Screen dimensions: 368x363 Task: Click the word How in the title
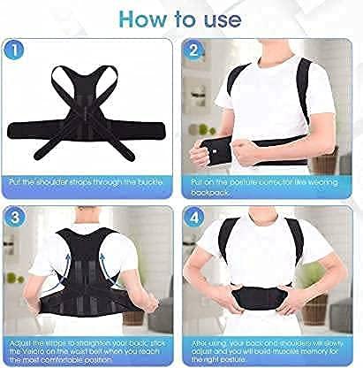(x=143, y=17)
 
